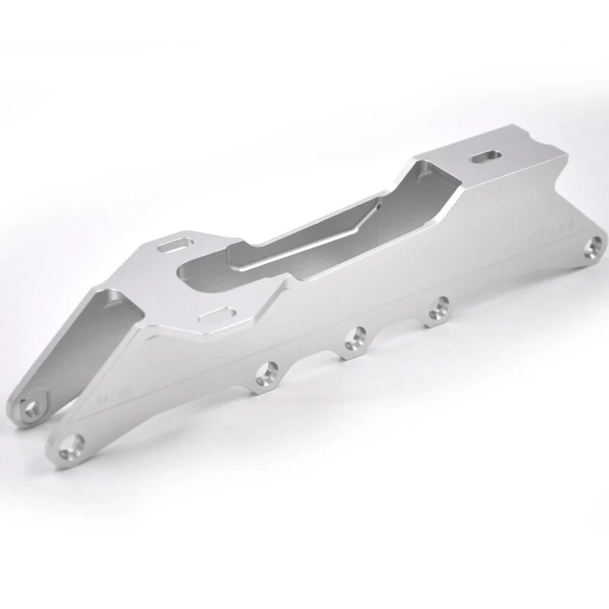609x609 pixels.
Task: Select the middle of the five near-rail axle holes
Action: pyautogui.click(x=352, y=337)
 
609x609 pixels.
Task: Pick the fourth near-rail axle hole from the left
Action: pyautogui.click(x=437, y=309)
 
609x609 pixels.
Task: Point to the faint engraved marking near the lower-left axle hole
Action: pyautogui.click(x=113, y=396)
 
